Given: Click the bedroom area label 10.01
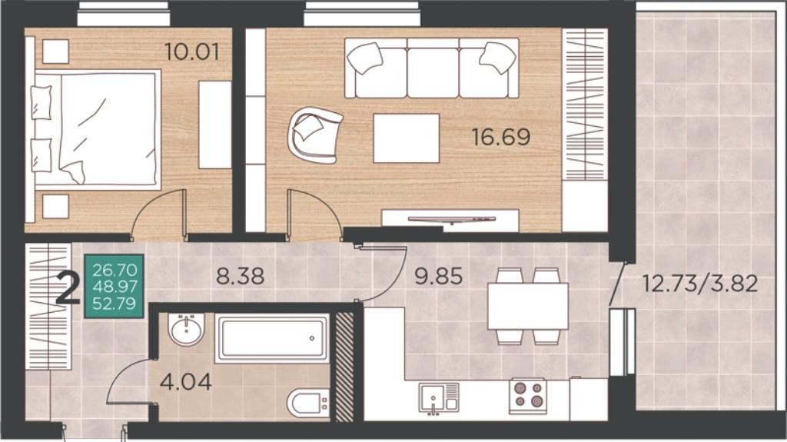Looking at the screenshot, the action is (192, 52).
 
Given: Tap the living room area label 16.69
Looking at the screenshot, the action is (501, 137).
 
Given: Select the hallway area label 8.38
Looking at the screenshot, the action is (240, 276).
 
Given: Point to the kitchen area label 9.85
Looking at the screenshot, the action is (439, 276).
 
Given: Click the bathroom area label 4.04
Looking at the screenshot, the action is (186, 382).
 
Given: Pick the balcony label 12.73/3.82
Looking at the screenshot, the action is (700, 284).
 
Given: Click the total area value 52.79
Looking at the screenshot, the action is (115, 304).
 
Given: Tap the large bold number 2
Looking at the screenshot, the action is (68, 287).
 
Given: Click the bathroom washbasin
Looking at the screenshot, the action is (187, 330).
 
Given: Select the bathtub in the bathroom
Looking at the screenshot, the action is (272, 338).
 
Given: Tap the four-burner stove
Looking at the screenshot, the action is (528, 395).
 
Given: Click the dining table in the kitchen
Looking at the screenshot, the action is (528, 305).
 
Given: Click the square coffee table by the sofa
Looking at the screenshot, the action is (406, 138).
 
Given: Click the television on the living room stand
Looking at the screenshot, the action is (451, 220).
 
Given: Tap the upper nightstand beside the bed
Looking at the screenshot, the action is (55, 52).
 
